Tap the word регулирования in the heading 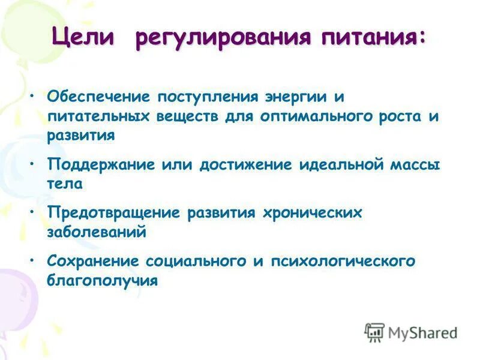coord(223,38)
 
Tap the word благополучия coord(102,280)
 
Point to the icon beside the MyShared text coord(374,332)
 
